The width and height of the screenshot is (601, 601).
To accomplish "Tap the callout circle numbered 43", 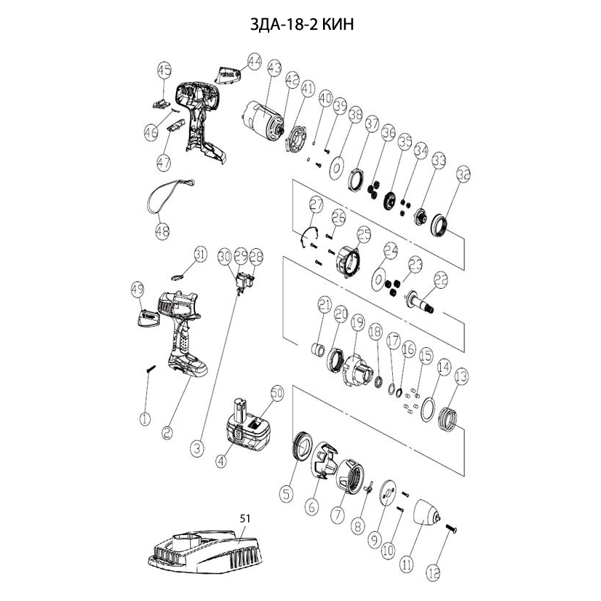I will click(x=274, y=68).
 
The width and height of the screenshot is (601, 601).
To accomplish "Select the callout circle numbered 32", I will click(x=463, y=175).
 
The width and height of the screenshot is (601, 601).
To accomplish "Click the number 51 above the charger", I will click(x=244, y=518).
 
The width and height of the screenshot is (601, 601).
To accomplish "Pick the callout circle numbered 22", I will click(x=441, y=279).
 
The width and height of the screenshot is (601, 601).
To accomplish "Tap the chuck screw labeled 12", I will click(x=447, y=529).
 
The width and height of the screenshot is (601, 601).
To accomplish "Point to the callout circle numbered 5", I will click(x=287, y=493).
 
